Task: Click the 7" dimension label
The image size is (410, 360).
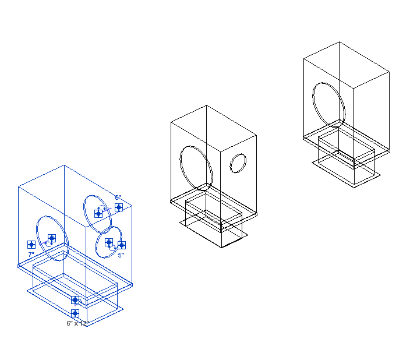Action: pyautogui.click(x=31, y=255)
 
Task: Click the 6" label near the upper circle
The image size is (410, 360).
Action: pyautogui.click(x=118, y=198)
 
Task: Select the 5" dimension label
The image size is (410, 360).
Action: pyautogui.click(x=121, y=255)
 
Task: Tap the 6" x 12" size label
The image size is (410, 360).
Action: pyautogui.click(x=77, y=323)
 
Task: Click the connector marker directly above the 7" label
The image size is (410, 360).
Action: pyautogui.click(x=31, y=245)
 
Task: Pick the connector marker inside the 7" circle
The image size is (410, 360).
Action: pyautogui.click(x=52, y=238)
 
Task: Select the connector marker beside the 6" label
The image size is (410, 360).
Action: pyautogui.click(x=119, y=207)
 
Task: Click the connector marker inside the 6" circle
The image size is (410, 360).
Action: pyautogui.click(x=98, y=213)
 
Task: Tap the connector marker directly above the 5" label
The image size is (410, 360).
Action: pyautogui.click(x=122, y=245)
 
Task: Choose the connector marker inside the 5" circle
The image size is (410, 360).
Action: pyautogui.click(x=109, y=242)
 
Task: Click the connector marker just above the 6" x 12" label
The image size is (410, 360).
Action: pyautogui.click(x=75, y=313)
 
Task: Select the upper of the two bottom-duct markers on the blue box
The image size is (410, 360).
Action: pyautogui.click(x=75, y=300)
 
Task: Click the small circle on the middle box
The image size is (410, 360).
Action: pyautogui.click(x=238, y=163)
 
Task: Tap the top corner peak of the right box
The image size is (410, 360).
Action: pyautogui.click(x=340, y=42)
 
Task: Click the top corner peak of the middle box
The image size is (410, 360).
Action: pyautogui.click(x=206, y=105)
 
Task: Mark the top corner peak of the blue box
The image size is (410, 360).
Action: pyautogui.click(x=64, y=165)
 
